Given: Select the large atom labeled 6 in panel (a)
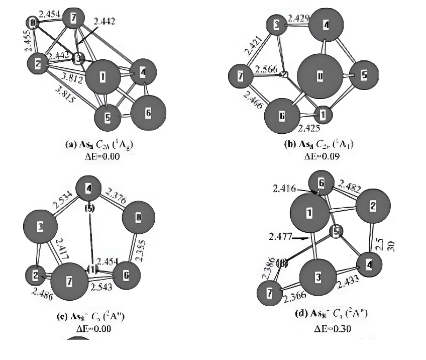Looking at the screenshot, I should (148, 113).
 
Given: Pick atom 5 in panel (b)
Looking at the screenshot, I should (364, 75).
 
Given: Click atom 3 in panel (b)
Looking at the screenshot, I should (276, 24).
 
